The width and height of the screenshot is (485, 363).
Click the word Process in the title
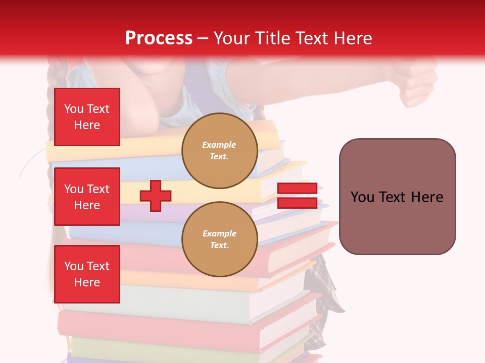click(159, 38)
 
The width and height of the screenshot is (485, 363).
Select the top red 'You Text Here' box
click(87, 117)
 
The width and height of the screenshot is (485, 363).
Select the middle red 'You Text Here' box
click(87, 197)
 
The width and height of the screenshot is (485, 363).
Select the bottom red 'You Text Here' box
click(87, 274)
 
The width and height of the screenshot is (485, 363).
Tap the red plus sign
click(156, 196)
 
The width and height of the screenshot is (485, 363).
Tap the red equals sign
click(297, 196)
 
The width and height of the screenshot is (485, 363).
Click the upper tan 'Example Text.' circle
click(220, 151)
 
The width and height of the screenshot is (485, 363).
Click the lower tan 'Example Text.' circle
click(220, 239)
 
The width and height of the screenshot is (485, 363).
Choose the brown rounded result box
click(397, 197)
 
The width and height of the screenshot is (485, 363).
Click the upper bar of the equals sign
click(297, 189)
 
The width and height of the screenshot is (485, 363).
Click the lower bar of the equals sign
click(297, 203)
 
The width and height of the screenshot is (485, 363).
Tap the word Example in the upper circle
click(219, 145)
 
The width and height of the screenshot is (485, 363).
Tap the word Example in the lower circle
click(219, 234)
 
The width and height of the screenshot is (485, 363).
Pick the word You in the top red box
click(73, 109)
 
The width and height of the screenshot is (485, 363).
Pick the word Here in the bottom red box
click(87, 282)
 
